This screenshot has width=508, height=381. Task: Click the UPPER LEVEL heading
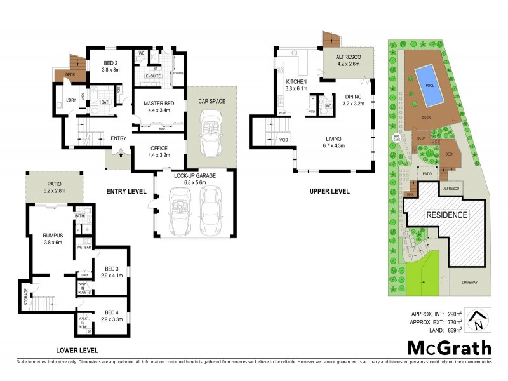pos(328,190)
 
